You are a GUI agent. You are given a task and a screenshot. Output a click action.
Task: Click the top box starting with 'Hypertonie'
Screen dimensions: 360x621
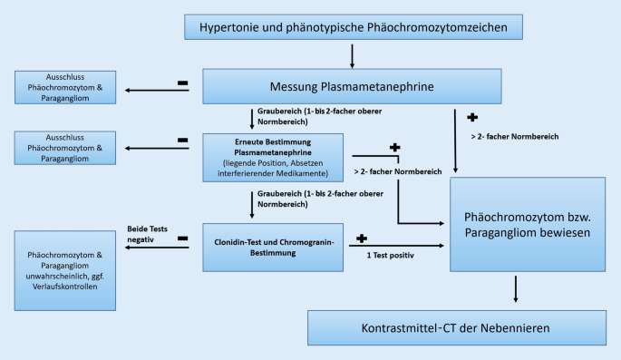352,26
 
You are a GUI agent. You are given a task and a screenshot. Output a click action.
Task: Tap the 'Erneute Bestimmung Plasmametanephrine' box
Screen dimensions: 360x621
272,155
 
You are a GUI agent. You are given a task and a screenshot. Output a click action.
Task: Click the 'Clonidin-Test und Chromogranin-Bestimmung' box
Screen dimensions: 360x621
272,246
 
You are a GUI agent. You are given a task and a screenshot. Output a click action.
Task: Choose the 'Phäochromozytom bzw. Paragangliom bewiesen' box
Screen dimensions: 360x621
528,226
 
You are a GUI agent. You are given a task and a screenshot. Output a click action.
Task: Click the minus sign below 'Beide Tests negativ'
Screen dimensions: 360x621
183,239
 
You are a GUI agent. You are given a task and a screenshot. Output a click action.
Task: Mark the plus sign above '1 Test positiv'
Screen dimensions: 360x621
362,238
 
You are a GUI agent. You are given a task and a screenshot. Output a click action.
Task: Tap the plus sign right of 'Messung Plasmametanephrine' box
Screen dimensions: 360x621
471,118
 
